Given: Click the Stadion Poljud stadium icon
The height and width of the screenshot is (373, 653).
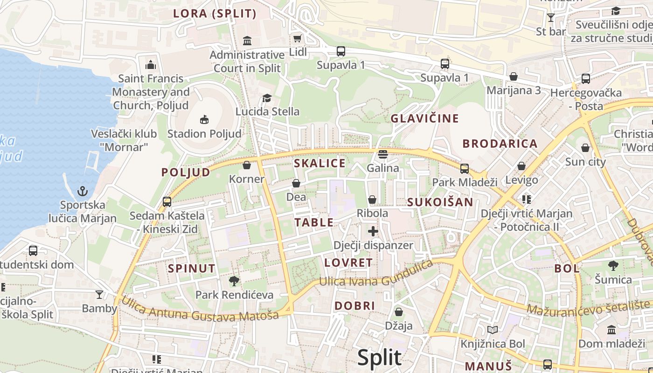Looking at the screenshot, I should (204, 120).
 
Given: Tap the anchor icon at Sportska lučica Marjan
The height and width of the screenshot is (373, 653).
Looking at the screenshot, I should (83, 191).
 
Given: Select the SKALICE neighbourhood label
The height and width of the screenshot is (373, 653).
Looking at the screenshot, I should (320, 163).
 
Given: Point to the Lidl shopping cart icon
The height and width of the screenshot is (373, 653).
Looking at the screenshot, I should (297, 38).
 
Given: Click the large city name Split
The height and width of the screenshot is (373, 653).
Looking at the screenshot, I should (379, 358).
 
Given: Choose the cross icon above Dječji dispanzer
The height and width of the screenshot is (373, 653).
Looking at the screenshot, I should (373, 231).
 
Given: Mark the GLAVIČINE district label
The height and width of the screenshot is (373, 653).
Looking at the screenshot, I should (424, 118).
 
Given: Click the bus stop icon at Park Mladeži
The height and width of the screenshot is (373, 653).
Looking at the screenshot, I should (465, 168).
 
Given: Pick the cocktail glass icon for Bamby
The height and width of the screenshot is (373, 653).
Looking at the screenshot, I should (99, 294).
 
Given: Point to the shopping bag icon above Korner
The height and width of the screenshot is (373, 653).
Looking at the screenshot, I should (247, 165).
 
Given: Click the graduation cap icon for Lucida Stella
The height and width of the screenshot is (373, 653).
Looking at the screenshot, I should (267, 98).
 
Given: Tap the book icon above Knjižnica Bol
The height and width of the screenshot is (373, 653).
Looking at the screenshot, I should (493, 330).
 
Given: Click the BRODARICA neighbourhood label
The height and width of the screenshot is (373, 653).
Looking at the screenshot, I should (500, 144).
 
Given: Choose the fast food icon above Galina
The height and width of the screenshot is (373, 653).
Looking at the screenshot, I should (383, 154).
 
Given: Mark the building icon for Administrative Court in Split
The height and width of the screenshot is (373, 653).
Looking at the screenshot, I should (247, 41).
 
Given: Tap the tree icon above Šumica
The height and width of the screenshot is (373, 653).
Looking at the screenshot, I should (613, 266).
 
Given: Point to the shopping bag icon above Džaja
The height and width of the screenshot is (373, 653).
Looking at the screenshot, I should (399, 311).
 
